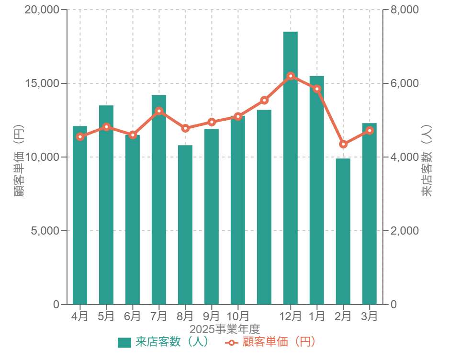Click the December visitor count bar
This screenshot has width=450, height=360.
tap(290, 168)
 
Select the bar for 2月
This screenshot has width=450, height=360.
tap(343, 231)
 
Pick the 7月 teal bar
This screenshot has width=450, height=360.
tap(158, 199)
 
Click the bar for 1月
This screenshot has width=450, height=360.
tap(316, 190)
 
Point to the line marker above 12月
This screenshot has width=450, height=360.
tap(290, 76)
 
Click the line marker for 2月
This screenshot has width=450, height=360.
tap(343, 144)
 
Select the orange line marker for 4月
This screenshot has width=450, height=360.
tap(80, 137)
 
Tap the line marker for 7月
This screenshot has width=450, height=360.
tap(158, 111)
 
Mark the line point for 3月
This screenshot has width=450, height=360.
tap(369, 130)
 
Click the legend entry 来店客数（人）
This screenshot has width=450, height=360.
tap(163, 342)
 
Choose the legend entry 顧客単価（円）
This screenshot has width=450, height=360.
tap(271, 342)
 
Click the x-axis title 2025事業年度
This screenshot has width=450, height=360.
tap(225, 329)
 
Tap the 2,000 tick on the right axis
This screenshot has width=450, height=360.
tap(405, 231)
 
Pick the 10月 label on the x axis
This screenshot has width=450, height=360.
tap(237, 316)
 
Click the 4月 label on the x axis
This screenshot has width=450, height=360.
tap(80, 316)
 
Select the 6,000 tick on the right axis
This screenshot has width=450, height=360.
tap(405, 83)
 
